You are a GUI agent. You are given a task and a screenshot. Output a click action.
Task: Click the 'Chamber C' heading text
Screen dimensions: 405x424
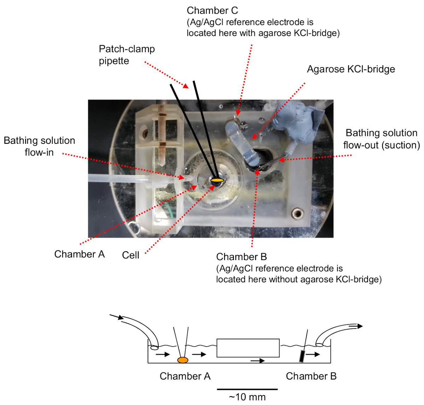tap(212, 11)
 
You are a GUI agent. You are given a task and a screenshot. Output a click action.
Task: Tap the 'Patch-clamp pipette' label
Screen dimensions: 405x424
tap(126, 55)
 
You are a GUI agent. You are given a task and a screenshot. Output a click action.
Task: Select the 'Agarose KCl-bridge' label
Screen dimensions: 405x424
tap(351, 69)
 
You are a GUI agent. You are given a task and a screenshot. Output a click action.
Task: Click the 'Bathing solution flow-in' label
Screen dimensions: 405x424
tap(39, 146)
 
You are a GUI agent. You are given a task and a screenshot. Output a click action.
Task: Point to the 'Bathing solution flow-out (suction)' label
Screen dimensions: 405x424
tap(382, 139)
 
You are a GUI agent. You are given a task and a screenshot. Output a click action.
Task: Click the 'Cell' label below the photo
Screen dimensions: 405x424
tap(130, 255)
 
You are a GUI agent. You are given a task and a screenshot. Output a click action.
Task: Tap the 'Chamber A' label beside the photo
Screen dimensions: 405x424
tap(79, 254)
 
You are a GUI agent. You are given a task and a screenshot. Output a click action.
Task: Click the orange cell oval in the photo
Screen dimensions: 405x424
tap(217, 180)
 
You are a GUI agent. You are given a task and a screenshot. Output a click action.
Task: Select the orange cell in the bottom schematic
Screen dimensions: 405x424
tap(183, 360)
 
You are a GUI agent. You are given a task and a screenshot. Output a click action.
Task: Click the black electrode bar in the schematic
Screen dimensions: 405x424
tap(302, 356)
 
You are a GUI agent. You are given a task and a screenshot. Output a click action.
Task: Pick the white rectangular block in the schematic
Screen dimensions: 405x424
tap(248, 348)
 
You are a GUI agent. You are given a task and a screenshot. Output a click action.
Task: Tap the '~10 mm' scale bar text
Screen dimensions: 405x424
tap(247, 397)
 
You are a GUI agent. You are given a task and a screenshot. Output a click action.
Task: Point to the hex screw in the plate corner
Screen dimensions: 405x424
tap(297, 213)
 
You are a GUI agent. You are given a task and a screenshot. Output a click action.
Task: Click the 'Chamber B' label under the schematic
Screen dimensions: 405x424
tap(311, 376)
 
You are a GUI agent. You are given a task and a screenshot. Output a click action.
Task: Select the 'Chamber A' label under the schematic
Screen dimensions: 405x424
tap(185, 376)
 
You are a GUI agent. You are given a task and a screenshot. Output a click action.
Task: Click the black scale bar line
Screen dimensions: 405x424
tap(247, 389)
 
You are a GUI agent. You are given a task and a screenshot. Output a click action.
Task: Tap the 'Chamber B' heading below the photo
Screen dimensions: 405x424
tap(241, 257)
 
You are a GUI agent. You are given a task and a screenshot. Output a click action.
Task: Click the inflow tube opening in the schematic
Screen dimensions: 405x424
tap(154, 347)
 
